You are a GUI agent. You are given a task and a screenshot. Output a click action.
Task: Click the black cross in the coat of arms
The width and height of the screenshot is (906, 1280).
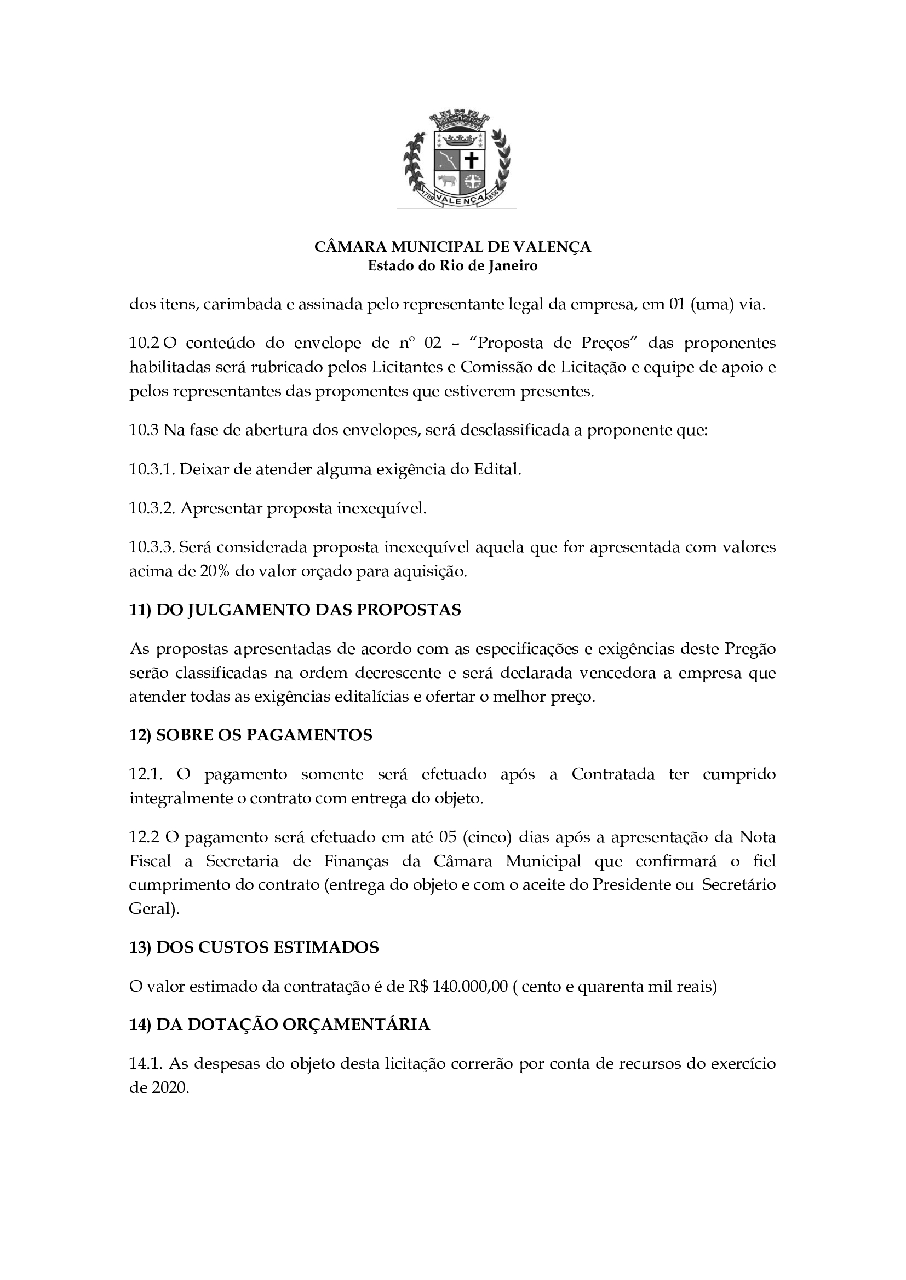pyautogui.click(x=472, y=160)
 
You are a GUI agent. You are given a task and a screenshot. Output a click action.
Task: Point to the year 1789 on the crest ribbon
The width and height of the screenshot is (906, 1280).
pyautogui.click(x=428, y=196)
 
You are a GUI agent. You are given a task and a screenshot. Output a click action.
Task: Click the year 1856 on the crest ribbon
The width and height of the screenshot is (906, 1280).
pyautogui.click(x=492, y=196)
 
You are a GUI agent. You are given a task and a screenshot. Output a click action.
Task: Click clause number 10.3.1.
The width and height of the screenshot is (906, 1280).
pyautogui.click(x=152, y=470)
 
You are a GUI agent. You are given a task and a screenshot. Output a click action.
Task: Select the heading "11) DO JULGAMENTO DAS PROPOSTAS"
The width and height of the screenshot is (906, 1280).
pyautogui.click(x=295, y=610)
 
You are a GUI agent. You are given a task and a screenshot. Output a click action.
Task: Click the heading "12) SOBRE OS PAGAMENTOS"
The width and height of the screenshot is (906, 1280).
pyautogui.click(x=250, y=735)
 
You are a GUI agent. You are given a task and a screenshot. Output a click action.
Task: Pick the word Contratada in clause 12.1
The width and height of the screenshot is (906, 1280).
pyautogui.click(x=613, y=774)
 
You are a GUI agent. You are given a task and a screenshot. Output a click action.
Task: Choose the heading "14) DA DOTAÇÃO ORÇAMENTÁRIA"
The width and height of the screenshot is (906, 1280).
pyautogui.click(x=279, y=1024)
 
